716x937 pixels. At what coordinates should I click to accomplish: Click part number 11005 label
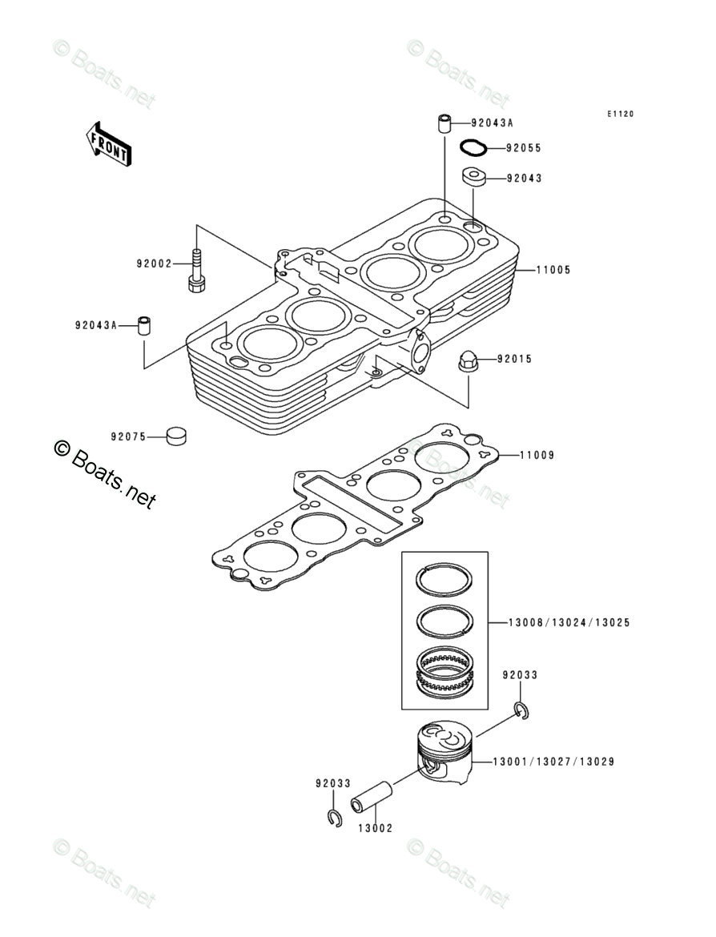(x=553, y=270)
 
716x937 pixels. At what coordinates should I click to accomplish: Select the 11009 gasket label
(x=537, y=456)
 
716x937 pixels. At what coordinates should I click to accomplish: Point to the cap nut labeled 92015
(x=467, y=360)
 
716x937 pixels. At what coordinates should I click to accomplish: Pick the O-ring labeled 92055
(x=473, y=147)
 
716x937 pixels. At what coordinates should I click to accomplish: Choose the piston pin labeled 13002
(x=372, y=796)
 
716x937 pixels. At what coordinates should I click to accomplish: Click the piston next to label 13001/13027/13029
(x=445, y=752)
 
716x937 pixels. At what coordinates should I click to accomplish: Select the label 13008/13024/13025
(x=569, y=623)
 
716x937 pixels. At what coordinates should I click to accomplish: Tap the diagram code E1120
(x=621, y=115)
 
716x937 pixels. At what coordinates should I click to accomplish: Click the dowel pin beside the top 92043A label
(x=444, y=123)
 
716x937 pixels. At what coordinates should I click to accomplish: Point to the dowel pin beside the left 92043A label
(x=145, y=326)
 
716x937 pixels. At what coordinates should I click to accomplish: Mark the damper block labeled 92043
(x=473, y=178)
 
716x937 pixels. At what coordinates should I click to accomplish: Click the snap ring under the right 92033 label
(x=521, y=710)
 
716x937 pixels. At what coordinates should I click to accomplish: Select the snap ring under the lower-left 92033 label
(x=335, y=818)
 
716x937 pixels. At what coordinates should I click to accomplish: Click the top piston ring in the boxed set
(x=444, y=581)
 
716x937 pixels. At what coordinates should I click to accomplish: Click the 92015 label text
(x=515, y=359)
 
